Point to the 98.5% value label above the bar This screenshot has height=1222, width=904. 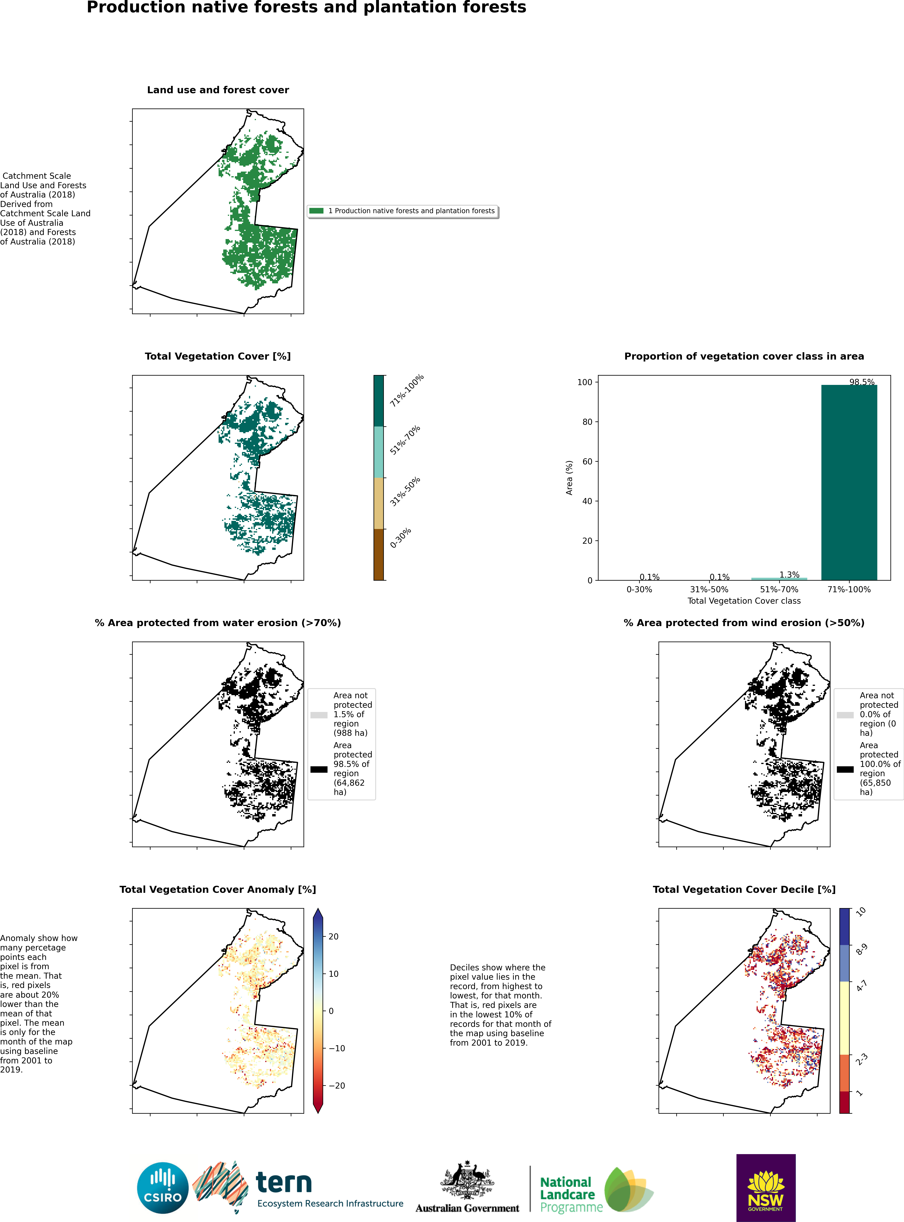[x=862, y=382]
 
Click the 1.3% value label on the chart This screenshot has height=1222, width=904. [x=790, y=574]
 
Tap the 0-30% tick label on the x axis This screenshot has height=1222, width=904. [x=639, y=589]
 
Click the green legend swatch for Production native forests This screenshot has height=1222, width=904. [x=316, y=211]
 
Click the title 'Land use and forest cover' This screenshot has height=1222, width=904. [x=218, y=90]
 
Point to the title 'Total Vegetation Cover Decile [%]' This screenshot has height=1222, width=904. [x=744, y=890]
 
